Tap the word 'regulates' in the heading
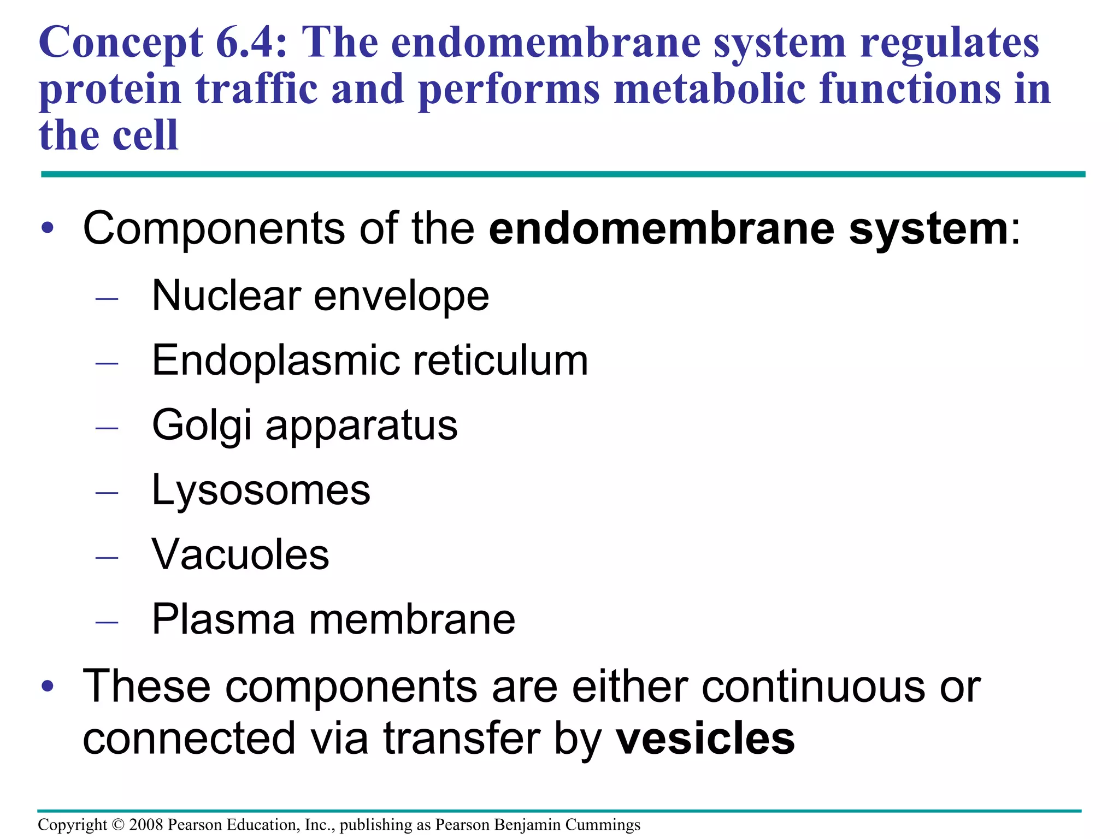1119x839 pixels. tap(950, 44)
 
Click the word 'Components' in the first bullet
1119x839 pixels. tap(214, 229)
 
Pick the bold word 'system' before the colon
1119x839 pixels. tap(928, 229)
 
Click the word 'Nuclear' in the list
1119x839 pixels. tap(226, 296)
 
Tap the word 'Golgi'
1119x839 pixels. tap(202, 426)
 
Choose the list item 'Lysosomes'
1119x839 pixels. tap(261, 490)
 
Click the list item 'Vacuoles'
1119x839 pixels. tap(240, 554)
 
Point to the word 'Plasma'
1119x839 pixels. tap(223, 619)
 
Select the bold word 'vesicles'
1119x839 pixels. tap(705, 738)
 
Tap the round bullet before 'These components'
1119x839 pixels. tap(48, 686)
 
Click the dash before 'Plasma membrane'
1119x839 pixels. tap(107, 622)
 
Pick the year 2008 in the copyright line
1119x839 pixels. tap(146, 825)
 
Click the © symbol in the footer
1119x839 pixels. tap(118, 825)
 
